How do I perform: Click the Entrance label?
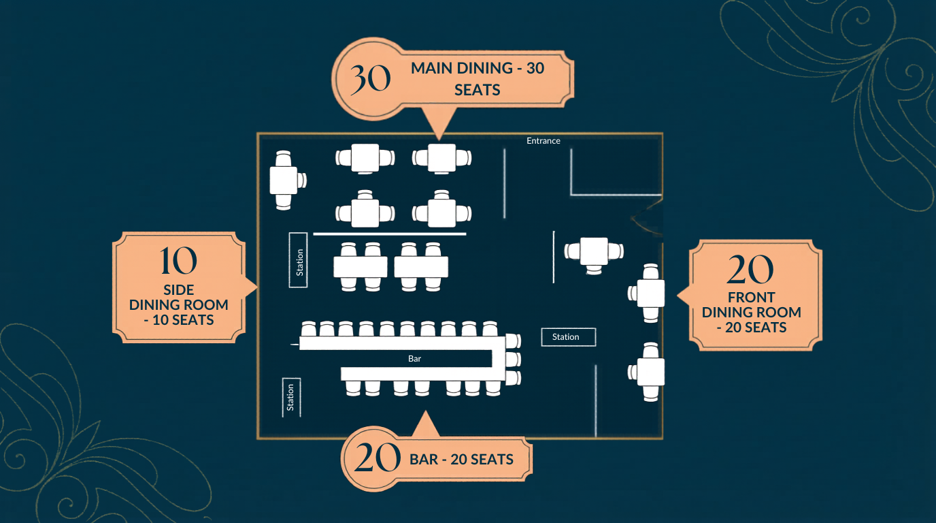tap(543, 141)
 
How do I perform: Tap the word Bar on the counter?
tap(415, 358)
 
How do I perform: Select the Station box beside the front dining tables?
tap(568, 337)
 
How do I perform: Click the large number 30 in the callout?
tap(371, 79)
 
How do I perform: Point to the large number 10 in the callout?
tap(179, 261)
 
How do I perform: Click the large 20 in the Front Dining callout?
tap(750, 270)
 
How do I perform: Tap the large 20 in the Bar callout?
tap(377, 458)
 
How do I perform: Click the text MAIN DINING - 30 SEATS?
tap(478, 78)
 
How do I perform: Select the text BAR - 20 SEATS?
tap(461, 460)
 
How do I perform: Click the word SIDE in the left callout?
tap(179, 290)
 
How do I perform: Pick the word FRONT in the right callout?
tap(751, 298)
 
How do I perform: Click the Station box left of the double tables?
tap(299, 259)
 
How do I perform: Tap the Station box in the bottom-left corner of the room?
tap(291, 397)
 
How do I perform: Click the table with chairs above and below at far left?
tap(284, 180)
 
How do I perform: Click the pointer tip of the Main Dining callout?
tap(436, 139)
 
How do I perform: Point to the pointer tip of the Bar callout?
tap(425, 413)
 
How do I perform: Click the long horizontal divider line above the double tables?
tap(389, 234)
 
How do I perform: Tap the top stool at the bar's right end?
tap(513, 340)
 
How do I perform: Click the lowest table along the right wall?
tap(651, 372)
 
